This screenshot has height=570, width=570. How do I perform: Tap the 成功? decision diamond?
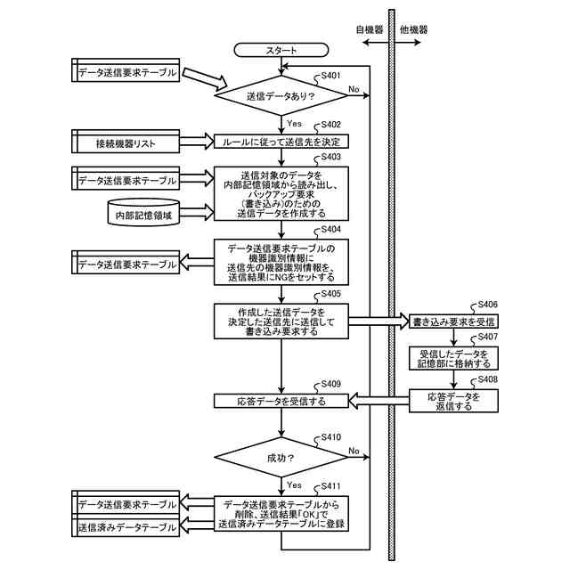click(281, 458)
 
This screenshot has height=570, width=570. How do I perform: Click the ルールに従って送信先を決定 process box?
click(281, 142)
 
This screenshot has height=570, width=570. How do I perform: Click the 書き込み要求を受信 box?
click(453, 321)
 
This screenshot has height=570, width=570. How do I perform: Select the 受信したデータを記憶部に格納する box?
click(453, 358)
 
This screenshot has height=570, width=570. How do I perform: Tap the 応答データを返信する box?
click(453, 401)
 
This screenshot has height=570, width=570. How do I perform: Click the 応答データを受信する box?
click(281, 402)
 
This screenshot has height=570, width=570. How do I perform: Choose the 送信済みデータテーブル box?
click(126, 528)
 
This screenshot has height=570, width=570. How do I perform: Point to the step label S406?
click(487, 304)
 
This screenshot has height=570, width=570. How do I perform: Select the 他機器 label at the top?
click(414, 29)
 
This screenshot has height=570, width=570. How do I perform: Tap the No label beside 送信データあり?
click(354, 89)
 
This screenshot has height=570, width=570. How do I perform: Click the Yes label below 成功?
click(295, 484)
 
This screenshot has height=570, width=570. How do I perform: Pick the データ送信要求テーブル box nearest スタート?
click(126, 72)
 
